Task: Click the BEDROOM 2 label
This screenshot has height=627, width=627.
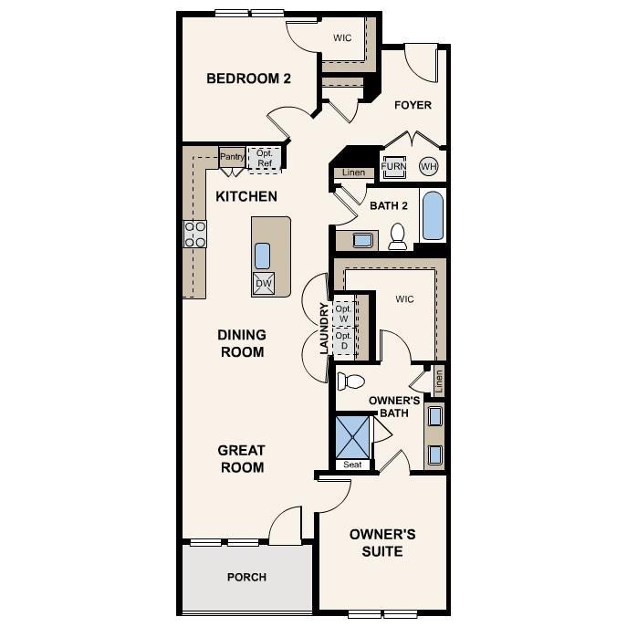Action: click(248, 78)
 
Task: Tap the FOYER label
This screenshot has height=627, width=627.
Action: click(413, 105)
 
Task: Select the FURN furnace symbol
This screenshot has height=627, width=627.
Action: click(393, 166)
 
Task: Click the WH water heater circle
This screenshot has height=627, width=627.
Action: click(428, 166)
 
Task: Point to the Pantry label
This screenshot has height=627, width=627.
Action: click(232, 157)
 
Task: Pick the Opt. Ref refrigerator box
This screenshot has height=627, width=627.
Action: click(265, 158)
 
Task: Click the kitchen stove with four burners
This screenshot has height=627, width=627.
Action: click(194, 234)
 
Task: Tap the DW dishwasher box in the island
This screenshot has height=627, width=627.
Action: click(263, 284)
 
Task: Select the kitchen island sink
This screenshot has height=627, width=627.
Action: click(263, 254)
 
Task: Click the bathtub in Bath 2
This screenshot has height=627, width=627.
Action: click(433, 215)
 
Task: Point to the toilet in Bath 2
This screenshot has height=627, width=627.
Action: click(398, 235)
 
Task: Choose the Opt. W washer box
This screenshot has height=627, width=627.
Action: click(343, 312)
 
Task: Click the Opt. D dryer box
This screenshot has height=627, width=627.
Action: click(343, 340)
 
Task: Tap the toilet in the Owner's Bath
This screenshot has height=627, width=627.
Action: click(350, 381)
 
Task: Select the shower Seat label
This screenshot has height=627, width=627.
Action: click(352, 465)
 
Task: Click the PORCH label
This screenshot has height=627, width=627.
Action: click(246, 577)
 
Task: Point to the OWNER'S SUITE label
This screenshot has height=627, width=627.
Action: click(382, 543)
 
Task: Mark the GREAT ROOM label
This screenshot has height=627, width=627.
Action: click(241, 459)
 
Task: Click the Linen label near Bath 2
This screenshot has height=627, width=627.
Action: click(353, 172)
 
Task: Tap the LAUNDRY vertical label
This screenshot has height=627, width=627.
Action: click(324, 329)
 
